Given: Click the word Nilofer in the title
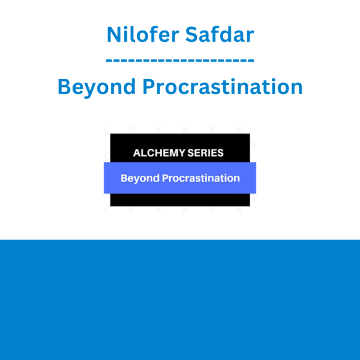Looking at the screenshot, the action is point(143,34).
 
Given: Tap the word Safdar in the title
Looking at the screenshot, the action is point(220,34).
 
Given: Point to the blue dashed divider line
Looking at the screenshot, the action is point(180,61).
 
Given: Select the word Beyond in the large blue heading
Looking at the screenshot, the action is point(97,87).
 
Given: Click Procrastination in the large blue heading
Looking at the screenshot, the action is point(223,86).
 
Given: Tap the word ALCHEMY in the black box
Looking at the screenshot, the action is point(159,153).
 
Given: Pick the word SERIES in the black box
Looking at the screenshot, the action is point(205,153).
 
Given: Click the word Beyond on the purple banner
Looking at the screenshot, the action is point(140,178).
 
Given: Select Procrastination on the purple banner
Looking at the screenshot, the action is point(201,178).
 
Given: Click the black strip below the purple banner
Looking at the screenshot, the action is point(180,200).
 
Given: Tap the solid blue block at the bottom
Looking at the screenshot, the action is point(180,300).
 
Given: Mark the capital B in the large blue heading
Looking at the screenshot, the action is point(64,86).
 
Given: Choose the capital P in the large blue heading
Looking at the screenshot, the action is point(149,86).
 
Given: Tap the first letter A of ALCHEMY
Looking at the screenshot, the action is point(137,153).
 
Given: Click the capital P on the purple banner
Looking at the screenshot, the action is point(166,178).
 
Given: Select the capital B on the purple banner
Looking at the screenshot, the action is point(124,178).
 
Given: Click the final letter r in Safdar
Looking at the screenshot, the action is point(250,37).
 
